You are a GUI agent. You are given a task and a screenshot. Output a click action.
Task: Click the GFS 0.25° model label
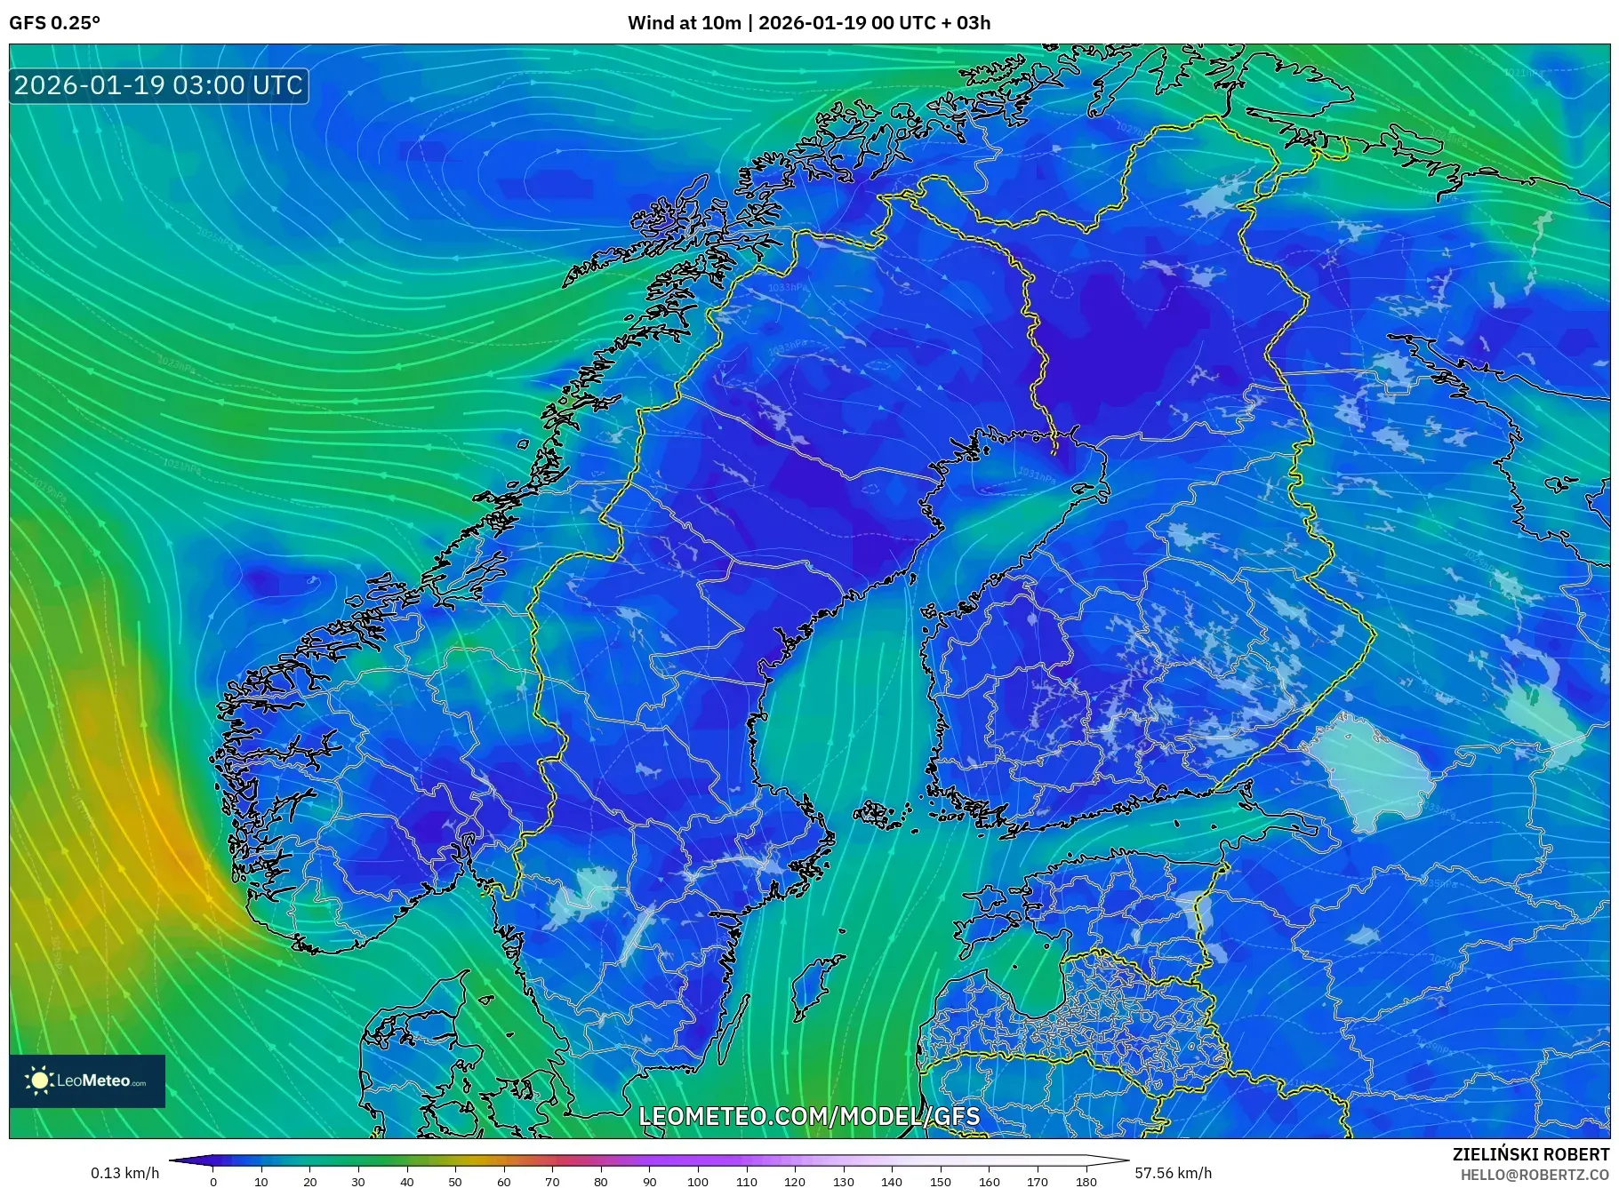point(55,23)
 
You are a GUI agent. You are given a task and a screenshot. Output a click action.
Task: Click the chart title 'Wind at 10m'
point(684,23)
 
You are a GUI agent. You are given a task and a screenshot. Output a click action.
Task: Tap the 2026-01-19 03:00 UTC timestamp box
point(158,85)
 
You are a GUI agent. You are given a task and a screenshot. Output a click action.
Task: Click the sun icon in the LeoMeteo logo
point(40,1080)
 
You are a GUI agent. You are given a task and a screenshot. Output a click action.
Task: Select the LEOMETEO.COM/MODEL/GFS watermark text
point(809,1116)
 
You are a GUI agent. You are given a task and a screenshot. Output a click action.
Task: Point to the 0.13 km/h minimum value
point(124,1173)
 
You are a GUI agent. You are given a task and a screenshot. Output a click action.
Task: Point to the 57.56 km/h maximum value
point(1173,1173)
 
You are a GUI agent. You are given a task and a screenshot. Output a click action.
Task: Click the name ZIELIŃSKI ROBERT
point(1530,1154)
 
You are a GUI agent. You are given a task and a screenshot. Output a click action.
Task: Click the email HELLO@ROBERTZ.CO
point(1534,1175)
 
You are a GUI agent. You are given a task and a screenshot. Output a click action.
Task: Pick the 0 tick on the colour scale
point(213,1182)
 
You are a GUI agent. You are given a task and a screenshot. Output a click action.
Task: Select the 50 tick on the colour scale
point(455,1182)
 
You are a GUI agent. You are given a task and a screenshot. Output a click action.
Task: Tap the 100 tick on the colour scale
point(698,1182)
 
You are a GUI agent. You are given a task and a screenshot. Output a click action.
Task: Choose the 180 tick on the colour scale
point(1086,1182)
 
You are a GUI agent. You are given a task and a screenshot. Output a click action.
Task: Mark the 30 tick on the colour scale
point(358,1182)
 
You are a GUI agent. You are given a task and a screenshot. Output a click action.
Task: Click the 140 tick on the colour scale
point(892,1182)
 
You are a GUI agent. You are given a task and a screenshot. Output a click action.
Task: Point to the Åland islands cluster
point(880,813)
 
